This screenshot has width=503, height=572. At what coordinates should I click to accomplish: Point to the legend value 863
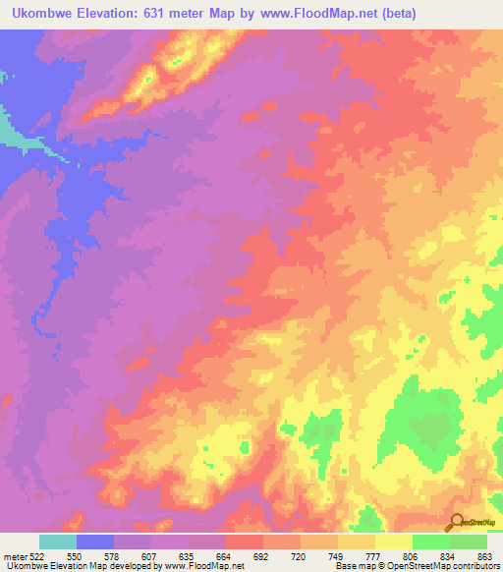(484, 557)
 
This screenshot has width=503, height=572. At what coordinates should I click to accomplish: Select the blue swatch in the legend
(95, 543)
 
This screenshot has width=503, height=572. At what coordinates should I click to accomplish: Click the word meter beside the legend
(15, 557)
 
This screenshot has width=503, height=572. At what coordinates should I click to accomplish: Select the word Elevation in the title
(115, 14)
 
